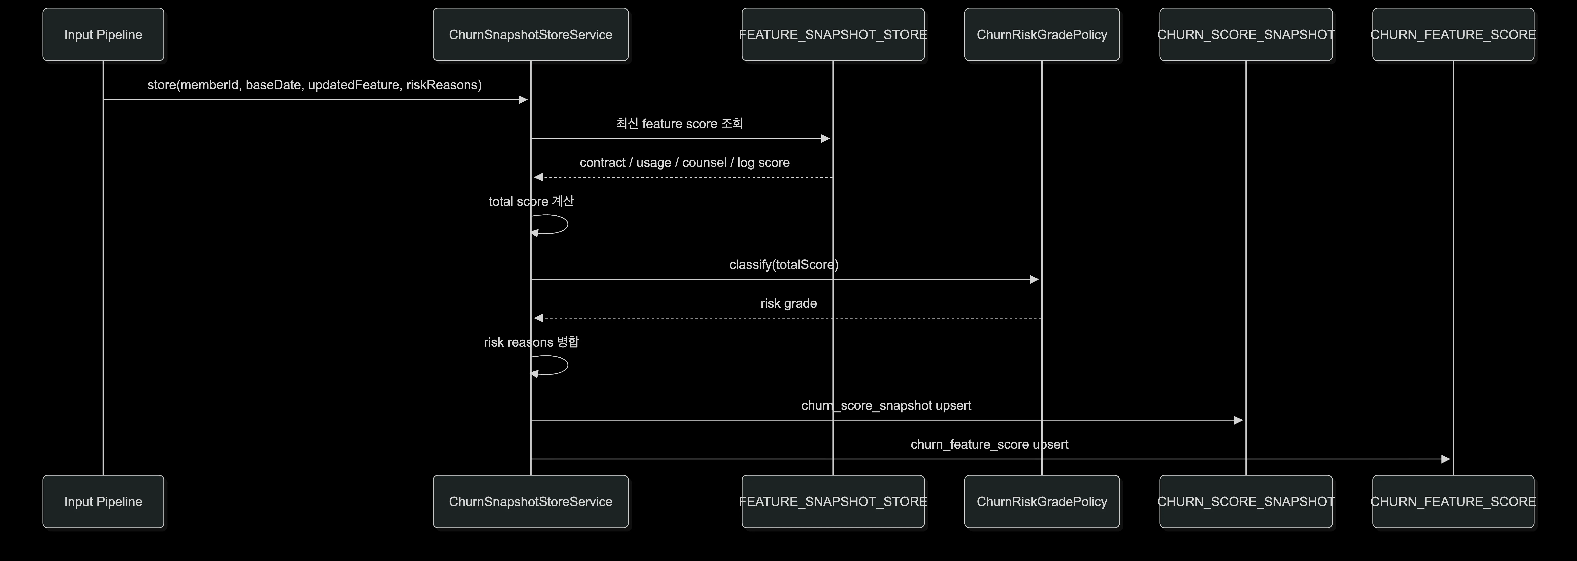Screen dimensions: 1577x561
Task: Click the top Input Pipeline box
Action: pyautogui.click(x=103, y=34)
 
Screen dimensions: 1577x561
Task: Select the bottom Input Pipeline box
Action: pyautogui.click(x=103, y=502)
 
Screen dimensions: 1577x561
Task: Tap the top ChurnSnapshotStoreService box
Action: pyautogui.click(x=530, y=34)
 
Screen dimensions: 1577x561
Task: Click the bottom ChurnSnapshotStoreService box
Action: pyautogui.click(x=530, y=502)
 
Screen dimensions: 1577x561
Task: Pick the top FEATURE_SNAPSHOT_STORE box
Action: pyautogui.click(x=832, y=34)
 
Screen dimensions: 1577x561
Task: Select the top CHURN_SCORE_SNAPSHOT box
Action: pyautogui.click(x=1246, y=34)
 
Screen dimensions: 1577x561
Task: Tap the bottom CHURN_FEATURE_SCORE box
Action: pyautogui.click(x=1453, y=502)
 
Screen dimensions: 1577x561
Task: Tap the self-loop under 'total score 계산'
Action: pyautogui.click(x=568, y=224)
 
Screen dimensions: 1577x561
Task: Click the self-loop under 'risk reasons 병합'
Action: pyautogui.click(x=568, y=365)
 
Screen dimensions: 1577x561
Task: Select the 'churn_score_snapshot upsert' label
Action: pyautogui.click(x=886, y=406)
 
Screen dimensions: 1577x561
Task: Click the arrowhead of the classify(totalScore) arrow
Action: pyautogui.click(x=1035, y=279)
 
